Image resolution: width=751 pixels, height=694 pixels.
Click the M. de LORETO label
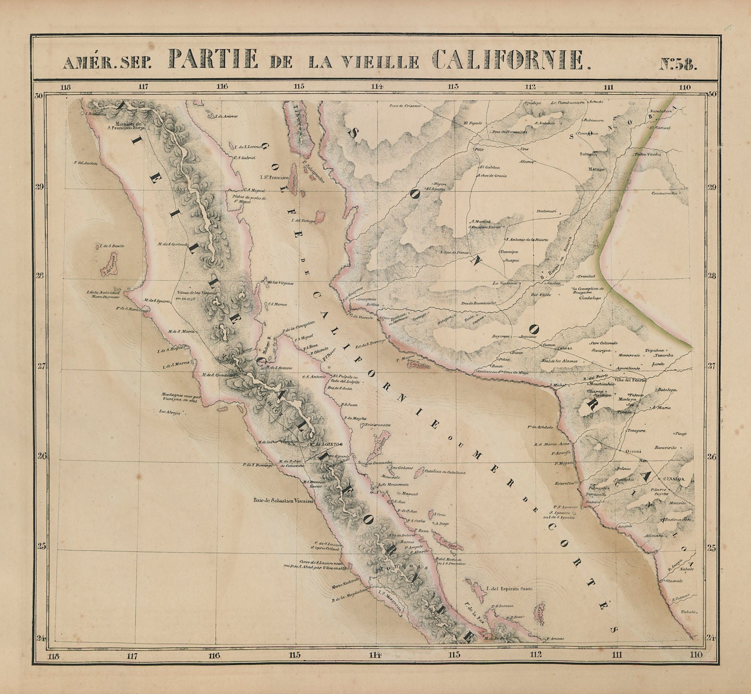[x=326, y=443]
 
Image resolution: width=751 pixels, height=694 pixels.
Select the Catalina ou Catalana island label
[x=444, y=473]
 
